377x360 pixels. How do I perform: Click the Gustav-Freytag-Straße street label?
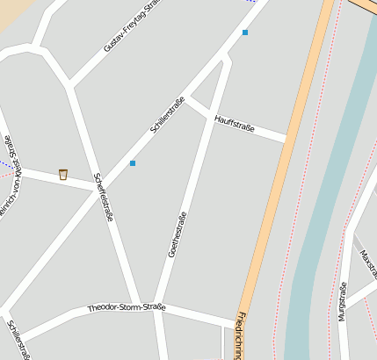pyautogui.click(x=132, y=26)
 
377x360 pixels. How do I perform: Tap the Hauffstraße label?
pyautogui.click(x=235, y=122)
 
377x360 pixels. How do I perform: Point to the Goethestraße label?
pyautogui.click(x=178, y=234)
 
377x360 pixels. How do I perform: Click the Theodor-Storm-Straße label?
pyautogui.click(x=127, y=308)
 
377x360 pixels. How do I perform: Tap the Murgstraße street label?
pyautogui.click(x=343, y=301)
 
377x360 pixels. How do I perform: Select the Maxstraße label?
pyautogui.click(x=367, y=263)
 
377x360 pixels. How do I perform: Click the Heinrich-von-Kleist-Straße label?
pyautogui.click(x=9, y=176)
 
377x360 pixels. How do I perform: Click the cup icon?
pyautogui.click(x=63, y=174)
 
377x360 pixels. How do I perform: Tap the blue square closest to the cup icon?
pyautogui.click(x=133, y=163)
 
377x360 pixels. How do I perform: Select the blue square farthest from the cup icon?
pyautogui.click(x=245, y=32)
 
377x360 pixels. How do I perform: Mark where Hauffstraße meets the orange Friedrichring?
pyautogui.click(x=286, y=138)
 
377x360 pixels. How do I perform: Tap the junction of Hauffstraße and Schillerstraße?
pyautogui.click(x=188, y=97)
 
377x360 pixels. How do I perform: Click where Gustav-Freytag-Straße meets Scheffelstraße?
pyautogui.click(x=69, y=86)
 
